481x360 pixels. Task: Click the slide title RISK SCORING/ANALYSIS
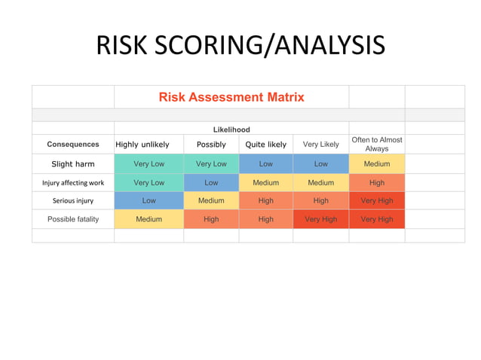[240, 46]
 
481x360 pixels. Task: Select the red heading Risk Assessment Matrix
[231, 97]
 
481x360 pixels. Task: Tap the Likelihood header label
[231, 130]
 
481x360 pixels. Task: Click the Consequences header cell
[73, 145]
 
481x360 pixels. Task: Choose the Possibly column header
[211, 145]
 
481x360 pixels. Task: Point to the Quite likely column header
[266, 145]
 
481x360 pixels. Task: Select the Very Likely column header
[320, 145]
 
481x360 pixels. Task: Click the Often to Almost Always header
[377, 144]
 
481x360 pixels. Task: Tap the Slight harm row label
[73, 164]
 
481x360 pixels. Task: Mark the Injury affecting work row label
[73, 183]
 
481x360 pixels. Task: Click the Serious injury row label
[73, 201]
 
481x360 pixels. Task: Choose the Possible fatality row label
[73, 219]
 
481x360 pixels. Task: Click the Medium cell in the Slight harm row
[377, 164]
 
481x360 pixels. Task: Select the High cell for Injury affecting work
[377, 183]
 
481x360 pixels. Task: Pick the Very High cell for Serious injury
[377, 201]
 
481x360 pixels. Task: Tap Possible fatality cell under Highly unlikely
[149, 219]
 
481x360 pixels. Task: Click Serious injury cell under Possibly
[211, 201]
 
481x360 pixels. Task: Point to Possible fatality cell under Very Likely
[320, 219]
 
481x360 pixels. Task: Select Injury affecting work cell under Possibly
[211, 183]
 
